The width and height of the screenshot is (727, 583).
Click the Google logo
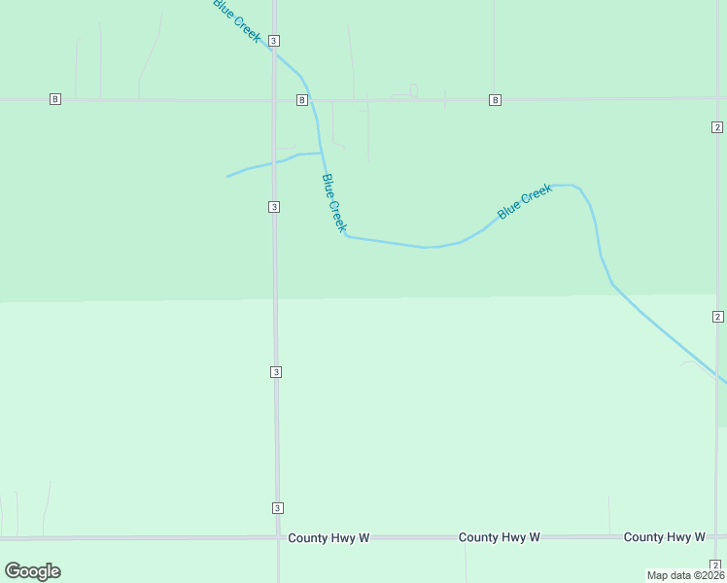(x=32, y=571)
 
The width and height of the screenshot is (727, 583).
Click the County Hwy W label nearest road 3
(x=329, y=537)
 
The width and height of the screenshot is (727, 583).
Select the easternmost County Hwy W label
(x=664, y=537)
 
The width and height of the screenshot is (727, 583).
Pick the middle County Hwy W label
(x=499, y=537)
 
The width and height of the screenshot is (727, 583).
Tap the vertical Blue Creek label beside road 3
(x=334, y=202)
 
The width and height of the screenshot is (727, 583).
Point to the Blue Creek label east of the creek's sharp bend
(x=525, y=201)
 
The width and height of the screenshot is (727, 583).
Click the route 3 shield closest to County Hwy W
(x=277, y=508)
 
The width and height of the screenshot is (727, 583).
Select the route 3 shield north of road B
(x=275, y=40)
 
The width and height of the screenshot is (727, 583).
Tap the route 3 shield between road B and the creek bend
(x=275, y=207)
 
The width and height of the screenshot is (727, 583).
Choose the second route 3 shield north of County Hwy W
(x=276, y=372)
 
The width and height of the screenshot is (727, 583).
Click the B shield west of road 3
(x=55, y=99)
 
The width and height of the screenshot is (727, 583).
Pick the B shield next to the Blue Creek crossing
(x=302, y=100)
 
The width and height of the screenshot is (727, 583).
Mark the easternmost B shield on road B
(x=496, y=100)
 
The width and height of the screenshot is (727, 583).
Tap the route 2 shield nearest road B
(x=716, y=127)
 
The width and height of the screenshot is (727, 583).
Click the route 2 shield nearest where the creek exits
(x=717, y=317)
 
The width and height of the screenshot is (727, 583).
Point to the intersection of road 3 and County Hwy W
(x=278, y=536)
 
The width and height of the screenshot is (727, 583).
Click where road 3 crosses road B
(x=275, y=99)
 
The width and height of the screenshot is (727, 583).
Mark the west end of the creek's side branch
(x=228, y=176)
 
